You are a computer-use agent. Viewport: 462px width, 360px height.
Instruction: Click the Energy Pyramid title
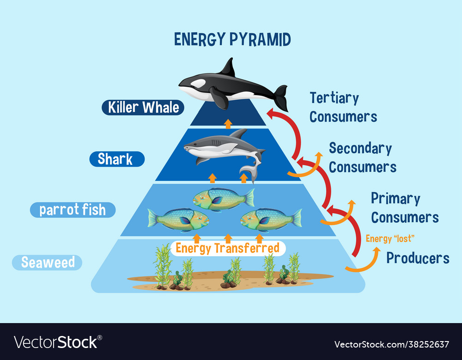tap(232, 40)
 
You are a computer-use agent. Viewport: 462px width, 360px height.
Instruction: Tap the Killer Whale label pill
tap(143, 108)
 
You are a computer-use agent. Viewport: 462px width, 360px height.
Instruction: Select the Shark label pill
tap(116, 159)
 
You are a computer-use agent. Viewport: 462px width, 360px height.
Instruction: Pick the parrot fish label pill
tap(73, 210)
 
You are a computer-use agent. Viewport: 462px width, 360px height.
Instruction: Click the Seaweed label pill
tap(48, 263)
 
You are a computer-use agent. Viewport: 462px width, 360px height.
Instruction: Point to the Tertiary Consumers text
tap(343, 107)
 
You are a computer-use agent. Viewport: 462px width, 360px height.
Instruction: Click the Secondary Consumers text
tap(362, 157)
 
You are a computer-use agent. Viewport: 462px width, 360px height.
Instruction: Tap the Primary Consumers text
tap(405, 208)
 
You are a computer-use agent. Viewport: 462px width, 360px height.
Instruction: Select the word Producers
tap(418, 258)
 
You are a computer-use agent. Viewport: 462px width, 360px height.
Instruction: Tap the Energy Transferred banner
tap(228, 248)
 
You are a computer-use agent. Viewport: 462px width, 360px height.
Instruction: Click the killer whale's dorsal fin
tap(228, 68)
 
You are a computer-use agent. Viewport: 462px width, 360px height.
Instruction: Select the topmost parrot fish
tap(223, 198)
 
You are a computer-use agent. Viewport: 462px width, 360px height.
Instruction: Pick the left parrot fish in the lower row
tap(178, 220)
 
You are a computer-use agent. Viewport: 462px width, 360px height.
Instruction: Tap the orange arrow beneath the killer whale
tap(228, 123)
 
